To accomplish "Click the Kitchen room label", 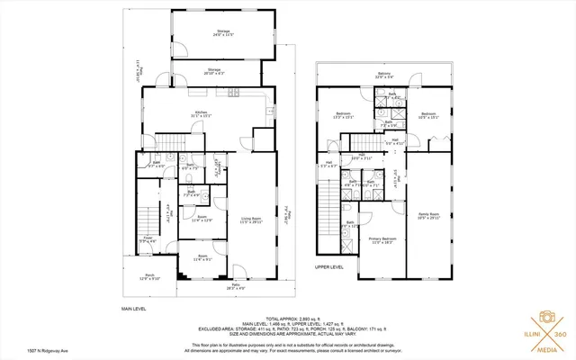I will (x=200, y=114).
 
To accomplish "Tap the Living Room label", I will (x=249, y=219).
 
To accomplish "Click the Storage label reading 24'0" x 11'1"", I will (x=223, y=33).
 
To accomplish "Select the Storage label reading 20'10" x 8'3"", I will (x=214, y=71).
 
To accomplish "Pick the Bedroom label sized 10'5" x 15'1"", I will (x=428, y=115).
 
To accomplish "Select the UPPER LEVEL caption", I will (x=329, y=267).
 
